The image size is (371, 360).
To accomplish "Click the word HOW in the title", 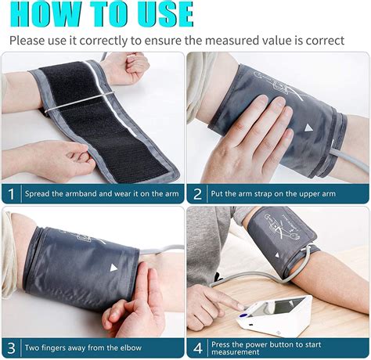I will [x=46, y=14].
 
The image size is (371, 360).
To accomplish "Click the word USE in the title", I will [x=160, y=14].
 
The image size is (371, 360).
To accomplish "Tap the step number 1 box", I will [x=11, y=193].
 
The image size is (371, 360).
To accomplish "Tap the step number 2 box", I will [x=197, y=193].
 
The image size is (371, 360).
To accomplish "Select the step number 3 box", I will [x=11, y=347].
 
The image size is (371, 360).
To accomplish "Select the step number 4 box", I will [x=197, y=347].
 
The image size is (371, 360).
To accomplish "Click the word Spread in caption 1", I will [x=40, y=193].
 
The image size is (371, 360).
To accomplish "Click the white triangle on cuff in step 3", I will [x=113, y=267].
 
